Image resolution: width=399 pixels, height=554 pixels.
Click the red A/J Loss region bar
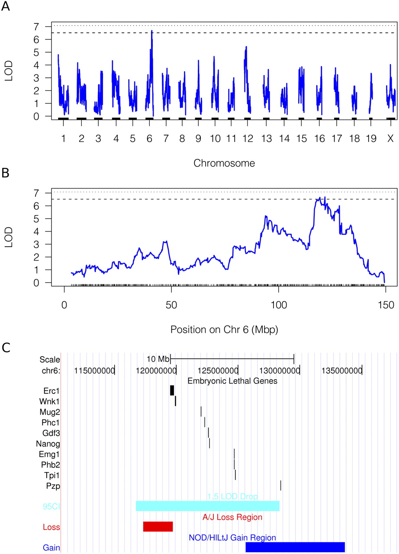158,526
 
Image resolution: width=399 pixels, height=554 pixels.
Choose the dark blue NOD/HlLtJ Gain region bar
295,547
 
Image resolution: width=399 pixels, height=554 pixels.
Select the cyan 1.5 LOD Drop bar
208,506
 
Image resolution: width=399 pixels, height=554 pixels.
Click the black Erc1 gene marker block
172,390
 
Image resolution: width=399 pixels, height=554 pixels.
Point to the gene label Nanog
49,443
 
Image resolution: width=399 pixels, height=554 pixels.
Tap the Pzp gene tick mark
281,485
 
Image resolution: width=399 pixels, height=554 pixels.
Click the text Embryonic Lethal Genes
232,381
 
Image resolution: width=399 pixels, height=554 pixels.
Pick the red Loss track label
51,527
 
